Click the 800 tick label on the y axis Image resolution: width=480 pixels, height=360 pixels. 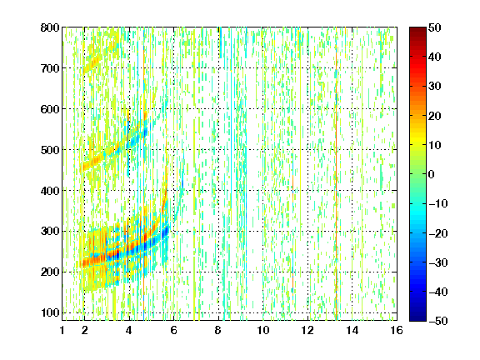50,27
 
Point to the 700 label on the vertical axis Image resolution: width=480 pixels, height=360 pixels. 50,68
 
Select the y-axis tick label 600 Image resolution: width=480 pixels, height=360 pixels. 50,109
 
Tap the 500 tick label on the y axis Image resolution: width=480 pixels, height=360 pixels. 50,150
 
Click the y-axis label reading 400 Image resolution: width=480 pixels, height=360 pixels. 50,191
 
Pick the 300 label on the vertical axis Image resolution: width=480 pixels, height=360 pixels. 50,232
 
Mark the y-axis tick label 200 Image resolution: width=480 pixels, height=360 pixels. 50,272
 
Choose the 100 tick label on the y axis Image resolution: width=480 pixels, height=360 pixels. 50,312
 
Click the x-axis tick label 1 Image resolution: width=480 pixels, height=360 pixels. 62,330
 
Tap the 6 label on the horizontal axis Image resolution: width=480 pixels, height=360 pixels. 174,330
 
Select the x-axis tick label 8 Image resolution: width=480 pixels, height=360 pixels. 218,330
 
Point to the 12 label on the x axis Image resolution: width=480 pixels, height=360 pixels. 307,330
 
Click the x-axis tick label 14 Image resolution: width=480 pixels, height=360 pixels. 352,330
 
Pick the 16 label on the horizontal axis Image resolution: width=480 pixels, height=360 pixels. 397,330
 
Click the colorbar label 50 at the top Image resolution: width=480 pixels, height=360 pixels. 435,27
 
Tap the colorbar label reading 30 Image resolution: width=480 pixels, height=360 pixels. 435,87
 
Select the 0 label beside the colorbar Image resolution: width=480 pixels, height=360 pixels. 432,174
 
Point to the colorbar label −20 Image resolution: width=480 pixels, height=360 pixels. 438,233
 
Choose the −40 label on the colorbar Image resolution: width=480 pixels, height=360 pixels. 438,292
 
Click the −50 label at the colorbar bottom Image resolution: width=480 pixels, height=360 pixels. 438,321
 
